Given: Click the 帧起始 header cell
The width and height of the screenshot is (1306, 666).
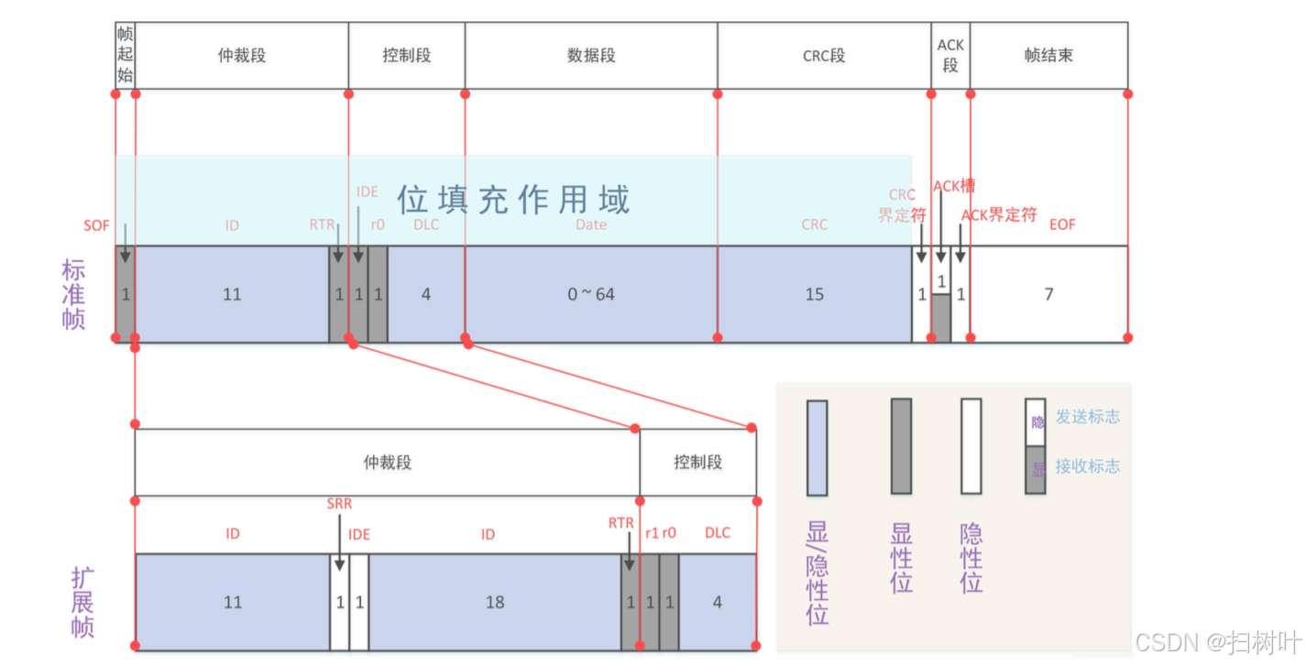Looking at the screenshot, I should pyautogui.click(x=125, y=55).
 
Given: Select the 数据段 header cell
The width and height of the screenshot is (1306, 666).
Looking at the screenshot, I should pyautogui.click(x=591, y=56).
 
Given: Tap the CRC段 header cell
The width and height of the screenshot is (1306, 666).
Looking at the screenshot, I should pyautogui.click(x=824, y=56).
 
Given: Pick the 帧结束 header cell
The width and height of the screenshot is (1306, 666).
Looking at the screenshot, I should pyautogui.click(x=1048, y=56).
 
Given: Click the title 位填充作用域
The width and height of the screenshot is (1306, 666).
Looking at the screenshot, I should pyautogui.click(x=513, y=199).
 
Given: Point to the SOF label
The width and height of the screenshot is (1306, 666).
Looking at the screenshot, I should pyautogui.click(x=96, y=225).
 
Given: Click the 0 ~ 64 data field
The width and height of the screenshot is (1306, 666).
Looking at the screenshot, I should pyautogui.click(x=591, y=294).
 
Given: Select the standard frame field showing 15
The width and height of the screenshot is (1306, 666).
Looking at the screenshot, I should pyautogui.click(x=814, y=294).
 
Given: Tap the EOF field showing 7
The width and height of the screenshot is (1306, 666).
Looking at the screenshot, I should pyautogui.click(x=1048, y=294).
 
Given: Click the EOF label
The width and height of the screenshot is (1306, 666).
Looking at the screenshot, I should pyautogui.click(x=1063, y=224).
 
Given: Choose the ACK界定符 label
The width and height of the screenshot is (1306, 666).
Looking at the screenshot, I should pyautogui.click(x=999, y=215).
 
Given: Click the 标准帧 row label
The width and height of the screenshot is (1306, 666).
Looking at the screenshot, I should pyautogui.click(x=73, y=294).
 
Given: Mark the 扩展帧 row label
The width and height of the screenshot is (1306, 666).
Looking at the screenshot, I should pyautogui.click(x=82, y=602).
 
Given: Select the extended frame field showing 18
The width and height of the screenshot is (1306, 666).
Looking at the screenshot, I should pyautogui.click(x=495, y=602).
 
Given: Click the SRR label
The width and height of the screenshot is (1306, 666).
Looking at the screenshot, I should pyautogui.click(x=339, y=504).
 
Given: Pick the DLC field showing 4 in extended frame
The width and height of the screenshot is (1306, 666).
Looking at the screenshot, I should pyautogui.click(x=718, y=602).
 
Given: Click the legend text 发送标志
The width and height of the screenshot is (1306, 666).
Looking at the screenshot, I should pyautogui.click(x=1087, y=417).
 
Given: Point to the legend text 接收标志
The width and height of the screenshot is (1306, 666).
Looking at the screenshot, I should pyautogui.click(x=1087, y=466).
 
